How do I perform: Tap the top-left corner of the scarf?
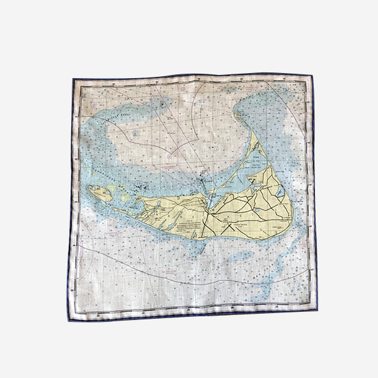(x=72, y=79)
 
